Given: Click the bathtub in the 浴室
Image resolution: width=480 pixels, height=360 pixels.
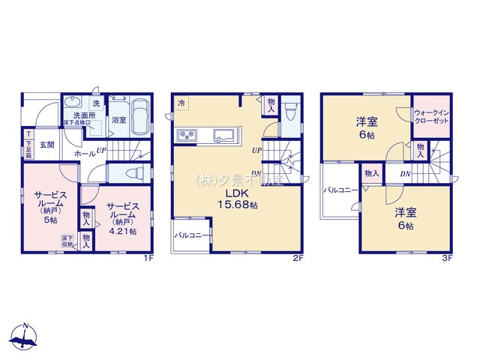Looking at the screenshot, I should click(x=139, y=118).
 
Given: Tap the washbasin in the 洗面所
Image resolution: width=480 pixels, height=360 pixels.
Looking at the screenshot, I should click(x=73, y=104).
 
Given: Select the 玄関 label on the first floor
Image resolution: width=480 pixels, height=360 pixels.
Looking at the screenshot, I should click(x=46, y=145).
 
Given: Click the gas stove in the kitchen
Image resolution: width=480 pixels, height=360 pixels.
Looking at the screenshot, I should click(x=186, y=135).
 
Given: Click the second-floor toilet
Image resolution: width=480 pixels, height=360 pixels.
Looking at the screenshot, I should click(x=292, y=109).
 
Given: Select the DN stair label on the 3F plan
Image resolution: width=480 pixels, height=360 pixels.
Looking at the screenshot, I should click(x=405, y=175).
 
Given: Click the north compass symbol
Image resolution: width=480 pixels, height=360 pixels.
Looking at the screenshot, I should click(x=25, y=337).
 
